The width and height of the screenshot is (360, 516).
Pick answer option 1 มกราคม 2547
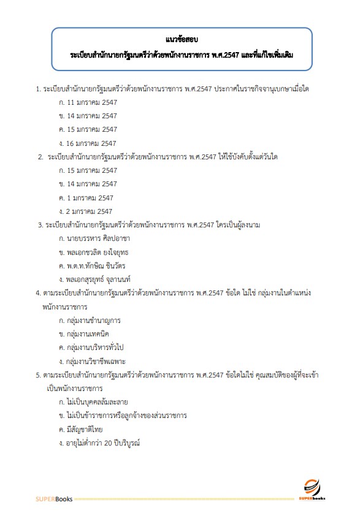(x=86, y=197)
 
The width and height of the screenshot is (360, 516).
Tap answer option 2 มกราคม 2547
(x=86, y=211)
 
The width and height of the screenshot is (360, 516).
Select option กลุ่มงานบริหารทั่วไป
(x=95, y=347)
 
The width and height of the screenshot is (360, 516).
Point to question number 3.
(x=40, y=225)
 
